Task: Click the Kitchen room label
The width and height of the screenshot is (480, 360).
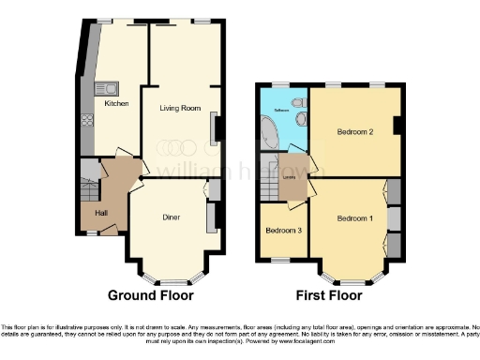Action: click(116, 103)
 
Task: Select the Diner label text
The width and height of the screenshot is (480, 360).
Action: click(171, 217)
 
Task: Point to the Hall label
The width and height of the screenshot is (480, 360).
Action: click(101, 214)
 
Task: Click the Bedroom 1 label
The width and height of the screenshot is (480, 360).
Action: click(355, 218)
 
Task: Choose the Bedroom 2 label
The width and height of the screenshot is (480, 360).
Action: click(355, 132)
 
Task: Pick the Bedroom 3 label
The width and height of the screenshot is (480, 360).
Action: click(283, 230)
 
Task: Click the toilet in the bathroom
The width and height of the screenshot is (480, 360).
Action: click(298, 101)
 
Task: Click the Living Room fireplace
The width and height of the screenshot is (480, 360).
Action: click(217, 128)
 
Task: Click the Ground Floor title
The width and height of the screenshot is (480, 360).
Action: click(151, 294)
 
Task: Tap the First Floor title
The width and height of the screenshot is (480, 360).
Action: click(329, 294)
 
